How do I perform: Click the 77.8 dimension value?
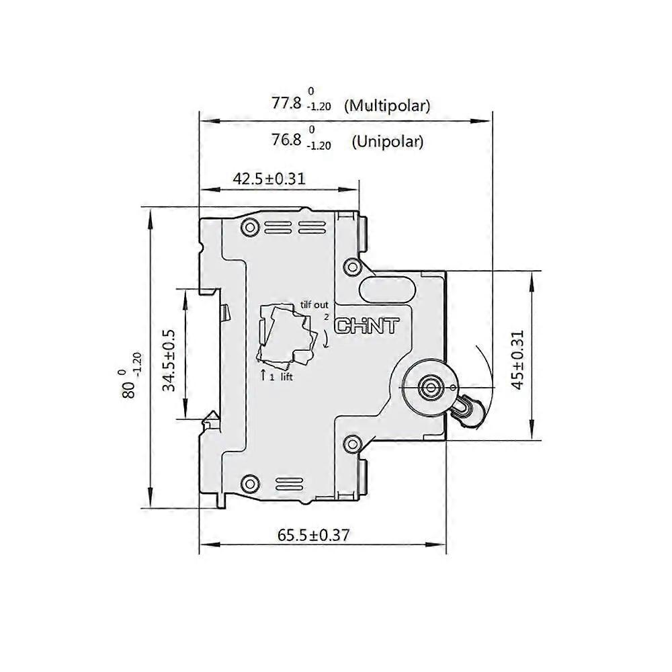pos(287,103)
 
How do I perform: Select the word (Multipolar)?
pos(386,106)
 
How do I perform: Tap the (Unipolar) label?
pos(388,142)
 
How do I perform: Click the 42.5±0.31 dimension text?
pos(269,179)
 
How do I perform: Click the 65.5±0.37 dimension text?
pos(313,535)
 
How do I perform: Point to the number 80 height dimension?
pos(128,390)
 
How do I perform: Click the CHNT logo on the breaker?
pos(367,327)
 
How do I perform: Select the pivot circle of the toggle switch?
pos(428,386)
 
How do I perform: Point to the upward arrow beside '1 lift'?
pos(263,375)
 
